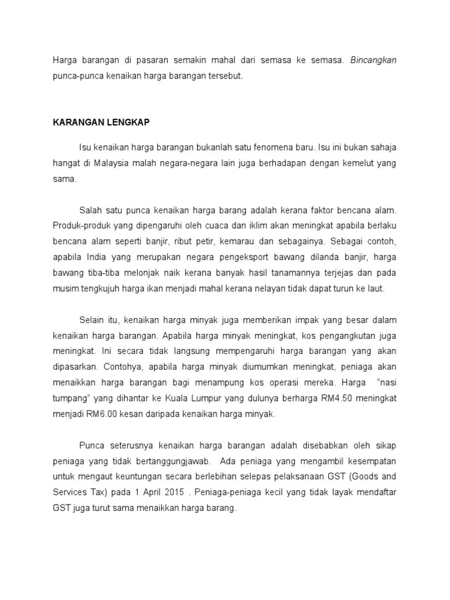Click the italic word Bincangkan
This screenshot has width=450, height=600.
pos(373,61)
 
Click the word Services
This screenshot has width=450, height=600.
pos(69,493)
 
